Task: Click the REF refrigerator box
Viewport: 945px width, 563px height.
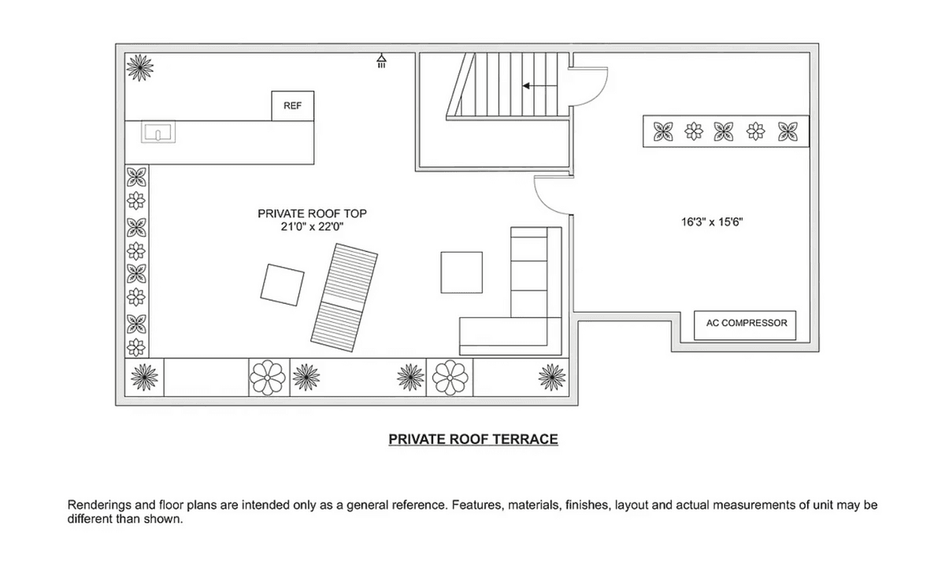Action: [292, 106]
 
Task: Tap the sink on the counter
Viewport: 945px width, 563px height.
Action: [158, 132]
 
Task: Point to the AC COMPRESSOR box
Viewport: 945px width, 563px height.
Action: [745, 325]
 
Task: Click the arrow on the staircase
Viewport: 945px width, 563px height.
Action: [539, 86]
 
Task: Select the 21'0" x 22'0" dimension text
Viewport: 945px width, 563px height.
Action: [312, 227]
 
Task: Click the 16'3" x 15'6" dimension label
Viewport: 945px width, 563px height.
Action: [712, 222]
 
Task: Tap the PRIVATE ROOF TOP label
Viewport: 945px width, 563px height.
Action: [312, 213]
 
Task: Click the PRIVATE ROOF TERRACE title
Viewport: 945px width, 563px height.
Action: [473, 439]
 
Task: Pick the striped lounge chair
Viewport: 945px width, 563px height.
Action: [344, 298]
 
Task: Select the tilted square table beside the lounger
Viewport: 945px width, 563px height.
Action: [282, 285]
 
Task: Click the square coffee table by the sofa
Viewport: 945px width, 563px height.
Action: [461, 272]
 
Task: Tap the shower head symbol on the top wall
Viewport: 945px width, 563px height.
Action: [381, 61]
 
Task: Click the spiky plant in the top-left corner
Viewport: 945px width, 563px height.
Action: [140, 68]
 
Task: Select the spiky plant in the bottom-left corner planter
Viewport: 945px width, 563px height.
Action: [144, 377]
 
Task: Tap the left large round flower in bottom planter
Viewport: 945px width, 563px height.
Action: [268, 377]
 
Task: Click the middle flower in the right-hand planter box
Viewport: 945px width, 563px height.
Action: [724, 131]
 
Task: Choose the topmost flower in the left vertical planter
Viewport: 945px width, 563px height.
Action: [137, 176]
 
